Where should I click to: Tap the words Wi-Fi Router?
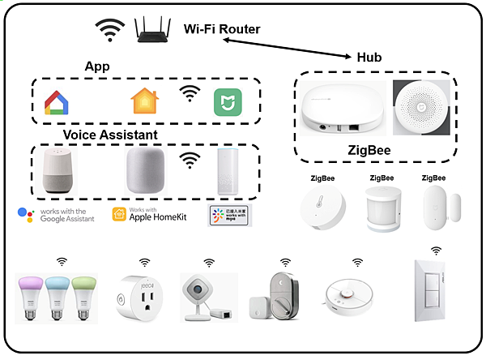point(222,29)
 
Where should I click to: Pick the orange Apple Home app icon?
point(144,101)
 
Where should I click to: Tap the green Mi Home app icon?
point(226,102)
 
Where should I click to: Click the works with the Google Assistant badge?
point(55,215)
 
